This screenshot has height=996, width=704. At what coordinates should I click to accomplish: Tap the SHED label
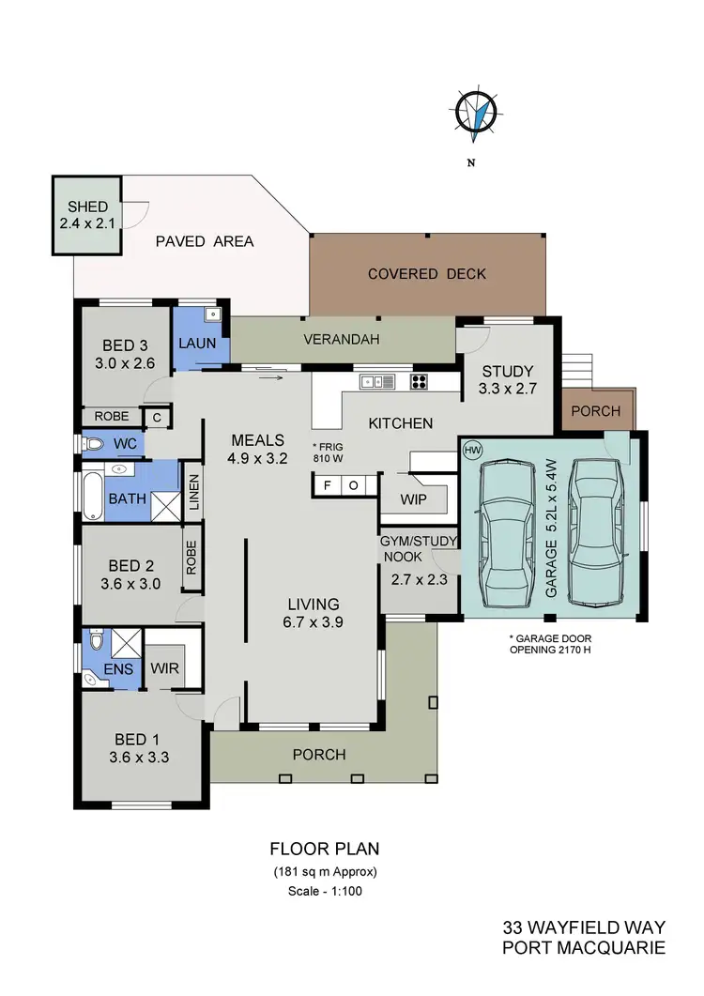pyautogui.click(x=87, y=207)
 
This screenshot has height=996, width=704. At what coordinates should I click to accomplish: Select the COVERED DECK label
pyautogui.click(x=427, y=274)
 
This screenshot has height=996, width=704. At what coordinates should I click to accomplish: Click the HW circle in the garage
pyautogui.click(x=471, y=451)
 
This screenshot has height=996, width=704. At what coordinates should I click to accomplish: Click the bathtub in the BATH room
pyautogui.click(x=91, y=497)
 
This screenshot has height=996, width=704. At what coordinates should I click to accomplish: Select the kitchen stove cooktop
pyautogui.click(x=420, y=381)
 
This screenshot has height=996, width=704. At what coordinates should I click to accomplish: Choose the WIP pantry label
pyautogui.click(x=413, y=499)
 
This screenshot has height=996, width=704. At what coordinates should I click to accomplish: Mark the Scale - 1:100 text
pyautogui.click(x=324, y=891)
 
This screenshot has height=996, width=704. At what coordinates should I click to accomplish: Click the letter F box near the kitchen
pyautogui.click(x=328, y=485)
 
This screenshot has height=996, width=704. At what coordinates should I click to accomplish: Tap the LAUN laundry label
pyautogui.click(x=197, y=343)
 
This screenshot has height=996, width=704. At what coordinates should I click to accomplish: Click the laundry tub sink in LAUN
pyautogui.click(x=211, y=314)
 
